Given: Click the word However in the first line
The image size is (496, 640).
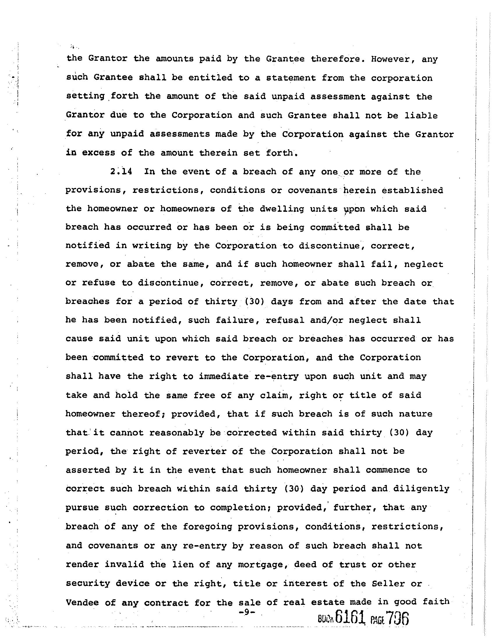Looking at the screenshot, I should pyautogui.click(x=393, y=59).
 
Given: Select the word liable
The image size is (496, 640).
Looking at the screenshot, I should pyautogui.click(x=421, y=115).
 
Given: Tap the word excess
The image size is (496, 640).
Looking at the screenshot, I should pyautogui.click(x=98, y=153).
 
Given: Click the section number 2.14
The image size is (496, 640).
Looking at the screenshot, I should pyautogui.click(x=121, y=172).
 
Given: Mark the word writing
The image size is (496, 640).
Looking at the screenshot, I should pyautogui.click(x=151, y=246).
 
